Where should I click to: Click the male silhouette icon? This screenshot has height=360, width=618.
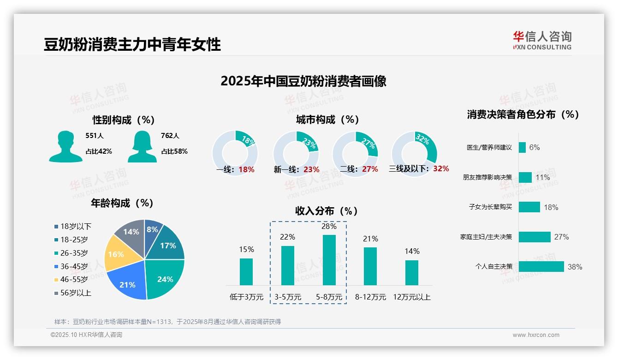tap(65, 147)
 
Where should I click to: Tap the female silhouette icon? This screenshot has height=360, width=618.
tap(142, 147)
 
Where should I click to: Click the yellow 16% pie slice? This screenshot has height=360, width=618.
tap(116, 254)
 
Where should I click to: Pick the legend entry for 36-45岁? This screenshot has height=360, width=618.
tap(74, 266)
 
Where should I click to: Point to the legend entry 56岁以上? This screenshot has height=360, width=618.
tap(76, 293)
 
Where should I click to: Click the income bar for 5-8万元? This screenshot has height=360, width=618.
tap(329, 260)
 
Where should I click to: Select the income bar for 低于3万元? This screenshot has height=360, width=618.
tap(246, 271)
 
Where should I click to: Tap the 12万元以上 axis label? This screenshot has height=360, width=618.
tap(411, 297)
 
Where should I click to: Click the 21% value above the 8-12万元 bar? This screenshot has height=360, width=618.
tap(370, 239)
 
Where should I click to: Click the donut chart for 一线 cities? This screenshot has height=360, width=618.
tap(235, 153)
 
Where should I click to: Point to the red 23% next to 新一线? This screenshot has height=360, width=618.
tap(311, 169)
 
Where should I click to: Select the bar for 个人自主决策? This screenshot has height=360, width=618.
tap(541, 266)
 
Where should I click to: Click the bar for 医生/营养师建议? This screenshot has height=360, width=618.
tap(522, 147)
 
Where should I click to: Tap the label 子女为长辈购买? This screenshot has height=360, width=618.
tap(490, 207)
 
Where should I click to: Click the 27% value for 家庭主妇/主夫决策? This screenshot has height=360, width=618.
tap(561, 237)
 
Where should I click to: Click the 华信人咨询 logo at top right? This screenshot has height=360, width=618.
tap(542, 40)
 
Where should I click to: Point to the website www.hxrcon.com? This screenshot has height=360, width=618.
tap(536, 335)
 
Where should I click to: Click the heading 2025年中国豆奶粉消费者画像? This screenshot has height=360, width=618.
tap(303, 81)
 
